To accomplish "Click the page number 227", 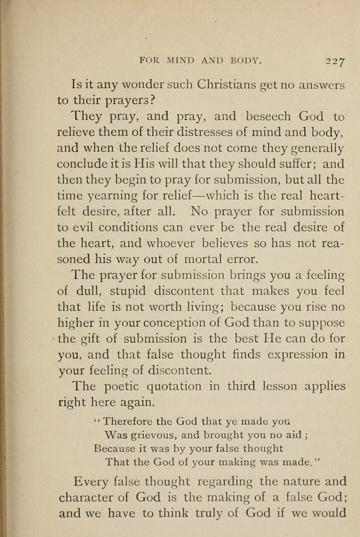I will click(332, 60).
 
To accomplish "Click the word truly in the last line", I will click(222, 513).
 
